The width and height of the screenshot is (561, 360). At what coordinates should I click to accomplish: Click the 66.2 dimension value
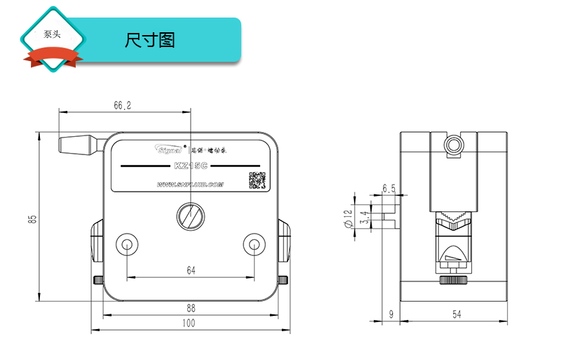pyautogui.click(x=123, y=106)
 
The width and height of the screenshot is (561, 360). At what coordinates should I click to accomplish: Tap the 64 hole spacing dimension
pyautogui.click(x=191, y=270)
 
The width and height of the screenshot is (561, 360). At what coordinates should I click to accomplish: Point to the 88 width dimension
pyautogui.click(x=191, y=307)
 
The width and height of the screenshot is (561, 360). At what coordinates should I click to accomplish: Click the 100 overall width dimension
pyautogui.click(x=189, y=323)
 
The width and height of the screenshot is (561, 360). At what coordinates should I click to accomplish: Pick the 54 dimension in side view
pyautogui.click(x=457, y=315)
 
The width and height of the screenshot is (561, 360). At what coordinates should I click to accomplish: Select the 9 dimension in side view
pyautogui.click(x=391, y=315)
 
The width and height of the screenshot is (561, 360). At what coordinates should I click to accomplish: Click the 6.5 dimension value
pyautogui.click(x=389, y=189)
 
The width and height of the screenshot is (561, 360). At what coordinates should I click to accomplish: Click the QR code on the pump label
pyautogui.click(x=257, y=180)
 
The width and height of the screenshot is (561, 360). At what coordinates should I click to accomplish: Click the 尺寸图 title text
pyautogui.click(x=149, y=40)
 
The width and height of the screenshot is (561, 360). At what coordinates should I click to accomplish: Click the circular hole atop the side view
pyautogui.click(x=454, y=145)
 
